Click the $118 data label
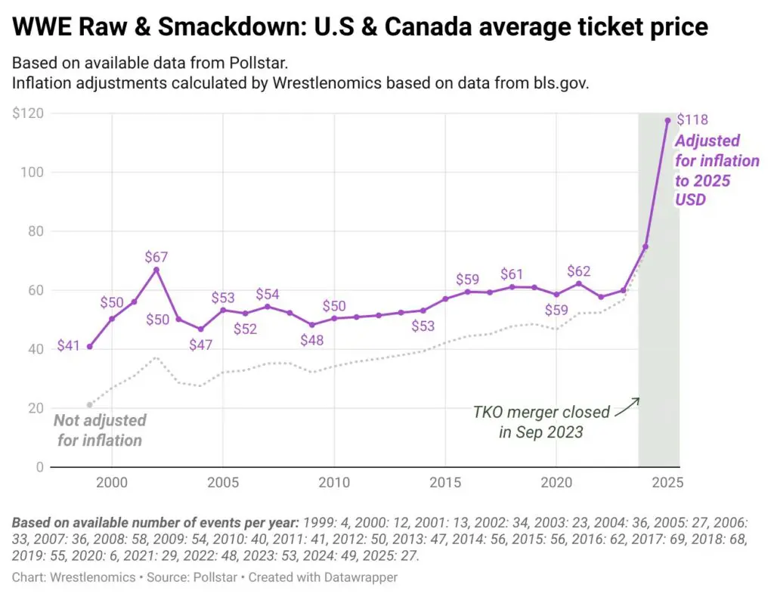692,119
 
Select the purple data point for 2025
667,120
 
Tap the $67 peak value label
156,257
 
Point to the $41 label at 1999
70,347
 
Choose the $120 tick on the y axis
27,113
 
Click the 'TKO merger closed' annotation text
541,413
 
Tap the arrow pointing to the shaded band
627,407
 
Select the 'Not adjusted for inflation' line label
100,430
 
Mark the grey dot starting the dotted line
90,405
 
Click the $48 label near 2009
311,340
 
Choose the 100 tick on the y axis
31,172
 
